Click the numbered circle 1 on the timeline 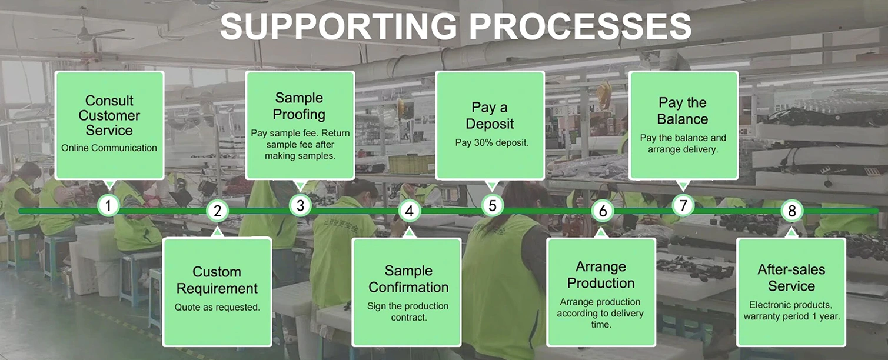point(108,205)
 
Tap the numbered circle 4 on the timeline point(409,211)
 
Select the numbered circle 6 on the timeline point(603,211)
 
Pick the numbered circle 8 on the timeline point(791,211)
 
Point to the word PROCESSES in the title point(580,26)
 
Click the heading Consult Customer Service point(109,115)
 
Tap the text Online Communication point(109,148)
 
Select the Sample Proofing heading point(300,106)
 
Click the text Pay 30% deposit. point(491,143)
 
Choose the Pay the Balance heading point(683,111)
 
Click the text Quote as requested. point(217,307)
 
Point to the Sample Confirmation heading point(408,279)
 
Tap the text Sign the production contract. point(408,312)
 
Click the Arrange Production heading point(601,275)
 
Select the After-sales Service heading point(791,278)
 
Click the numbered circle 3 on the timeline point(300,205)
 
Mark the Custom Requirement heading point(217,280)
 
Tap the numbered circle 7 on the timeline point(683,205)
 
